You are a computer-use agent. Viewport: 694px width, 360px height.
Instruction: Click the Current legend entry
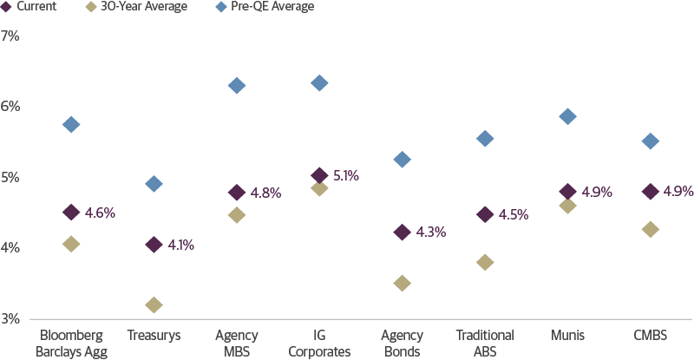click(x=31, y=7)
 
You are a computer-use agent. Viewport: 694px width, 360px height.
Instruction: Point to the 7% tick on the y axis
click(x=10, y=36)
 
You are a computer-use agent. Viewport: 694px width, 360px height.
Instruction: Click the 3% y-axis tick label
click(x=10, y=318)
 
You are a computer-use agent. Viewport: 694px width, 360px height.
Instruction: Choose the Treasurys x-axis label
click(x=154, y=336)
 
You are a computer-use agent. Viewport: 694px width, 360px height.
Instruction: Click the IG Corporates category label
click(x=319, y=344)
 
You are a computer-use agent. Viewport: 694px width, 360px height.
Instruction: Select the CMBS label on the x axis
click(x=650, y=336)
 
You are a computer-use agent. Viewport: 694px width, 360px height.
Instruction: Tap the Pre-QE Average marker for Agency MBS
click(x=236, y=85)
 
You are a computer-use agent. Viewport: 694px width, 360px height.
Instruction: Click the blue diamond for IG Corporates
click(x=319, y=83)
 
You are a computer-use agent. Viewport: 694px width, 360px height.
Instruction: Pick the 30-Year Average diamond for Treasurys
click(x=154, y=304)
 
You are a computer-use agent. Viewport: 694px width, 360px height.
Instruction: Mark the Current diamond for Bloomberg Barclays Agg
click(x=71, y=212)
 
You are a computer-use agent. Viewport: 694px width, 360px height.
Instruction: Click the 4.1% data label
click(x=180, y=245)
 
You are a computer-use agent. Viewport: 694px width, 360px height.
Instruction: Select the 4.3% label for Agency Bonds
click(x=430, y=232)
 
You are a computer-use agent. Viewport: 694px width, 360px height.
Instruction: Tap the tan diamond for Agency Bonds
click(x=402, y=283)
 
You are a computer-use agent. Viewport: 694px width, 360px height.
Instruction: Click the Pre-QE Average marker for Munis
click(x=567, y=116)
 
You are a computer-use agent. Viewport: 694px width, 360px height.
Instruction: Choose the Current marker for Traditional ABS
click(x=485, y=214)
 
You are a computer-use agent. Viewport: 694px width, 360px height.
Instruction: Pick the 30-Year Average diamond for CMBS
click(x=650, y=229)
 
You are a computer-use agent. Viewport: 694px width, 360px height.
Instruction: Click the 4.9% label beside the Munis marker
click(x=597, y=192)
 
